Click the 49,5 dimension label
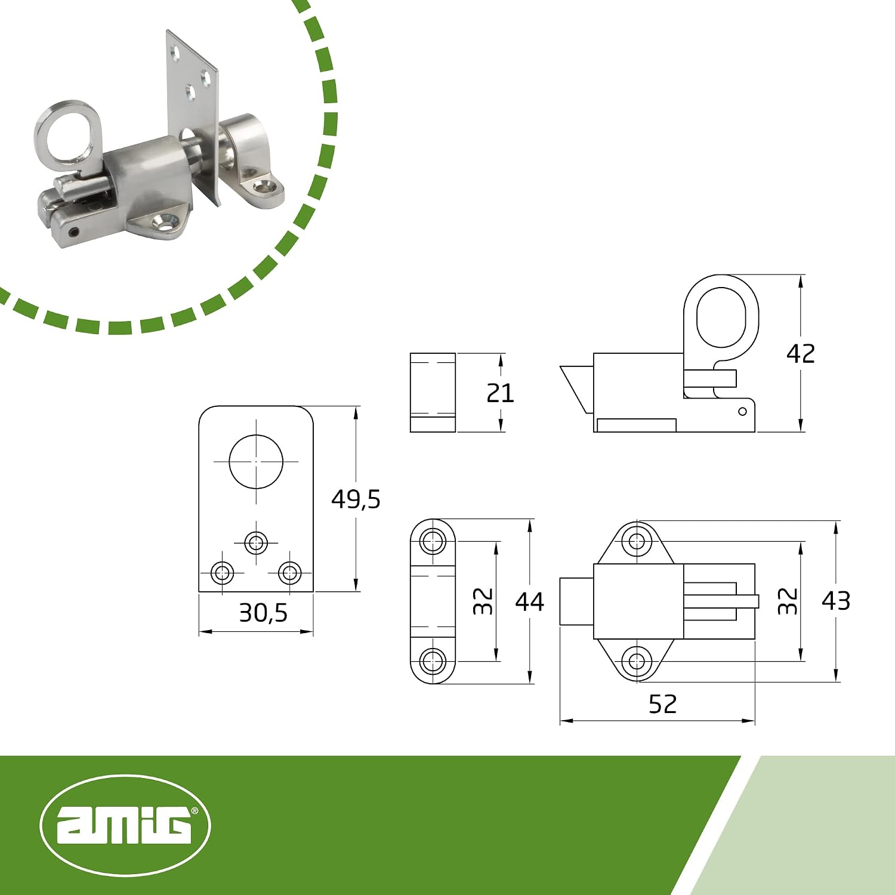pyautogui.click(x=356, y=499)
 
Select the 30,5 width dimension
pyautogui.click(x=263, y=613)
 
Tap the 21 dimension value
pyautogui.click(x=500, y=393)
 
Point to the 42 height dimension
pyautogui.click(x=800, y=354)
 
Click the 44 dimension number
pyautogui.click(x=530, y=601)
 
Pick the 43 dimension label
pyautogui.click(x=836, y=601)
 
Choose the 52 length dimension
pyautogui.click(x=663, y=704)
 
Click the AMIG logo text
pyautogui.click(x=125, y=826)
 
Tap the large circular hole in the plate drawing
pyautogui.click(x=256, y=461)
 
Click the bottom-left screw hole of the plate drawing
pyautogui.click(x=223, y=573)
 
